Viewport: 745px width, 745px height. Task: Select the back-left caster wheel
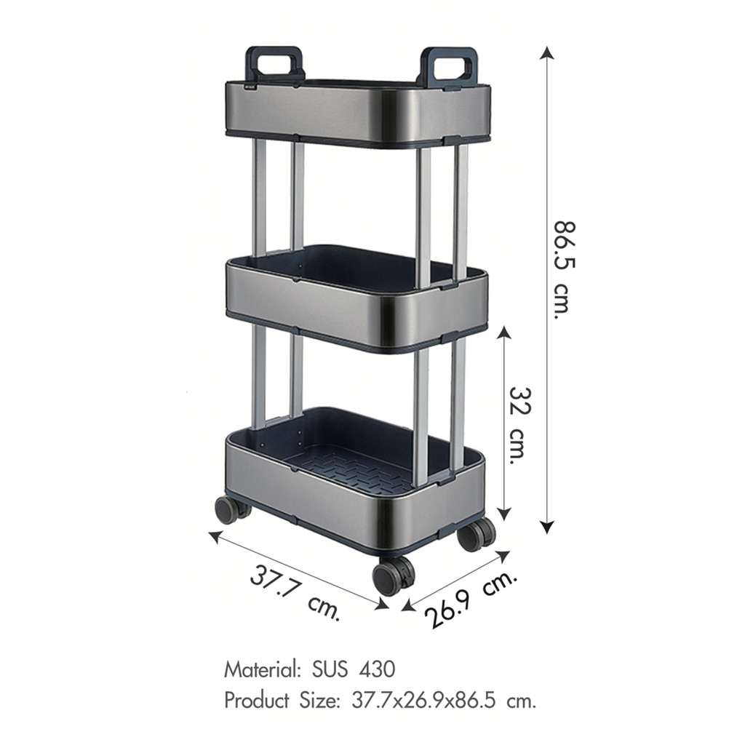[232, 510]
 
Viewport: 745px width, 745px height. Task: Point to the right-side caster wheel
[476, 535]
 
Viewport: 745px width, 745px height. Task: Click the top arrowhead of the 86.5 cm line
[547, 52]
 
